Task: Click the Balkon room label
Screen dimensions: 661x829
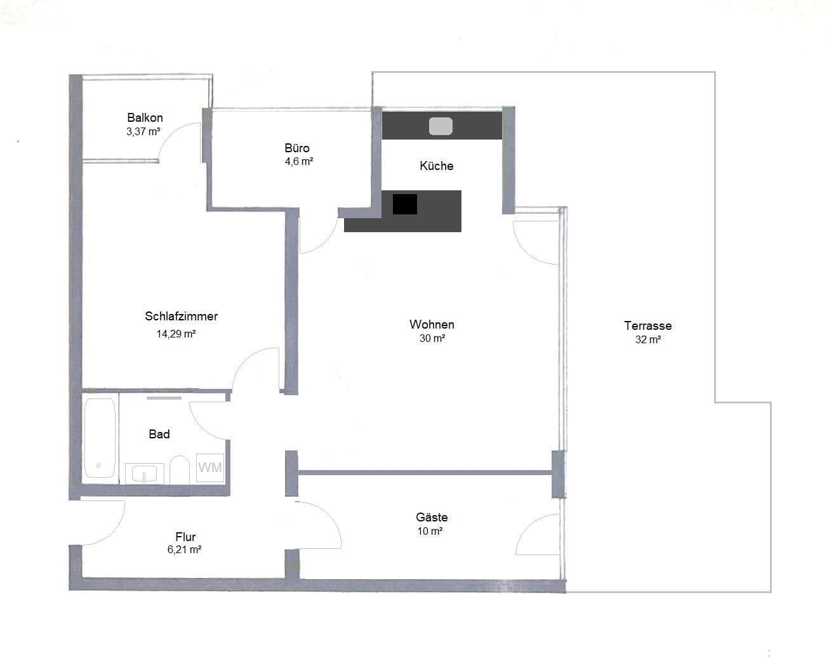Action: point(145,117)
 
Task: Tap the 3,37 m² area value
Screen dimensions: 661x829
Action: point(143,132)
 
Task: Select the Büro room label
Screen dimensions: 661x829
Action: point(297,148)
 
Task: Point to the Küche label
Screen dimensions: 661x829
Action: point(436,166)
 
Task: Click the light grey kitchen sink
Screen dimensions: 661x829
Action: point(441,126)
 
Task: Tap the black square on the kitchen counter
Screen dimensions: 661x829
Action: point(404,204)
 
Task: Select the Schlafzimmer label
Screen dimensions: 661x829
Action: point(181,316)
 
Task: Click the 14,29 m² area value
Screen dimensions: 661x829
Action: point(176,334)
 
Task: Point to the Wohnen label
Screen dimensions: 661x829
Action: point(432,324)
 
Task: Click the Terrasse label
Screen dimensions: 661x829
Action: point(647,325)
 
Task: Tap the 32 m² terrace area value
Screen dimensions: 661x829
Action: point(648,339)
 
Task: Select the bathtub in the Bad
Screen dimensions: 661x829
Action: point(100,438)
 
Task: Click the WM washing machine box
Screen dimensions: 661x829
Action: point(210,468)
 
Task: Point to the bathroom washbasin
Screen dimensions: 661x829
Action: point(145,473)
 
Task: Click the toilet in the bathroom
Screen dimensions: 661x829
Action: point(180,470)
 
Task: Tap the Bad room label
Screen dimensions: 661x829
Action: point(159,434)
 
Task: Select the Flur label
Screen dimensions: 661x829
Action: point(185,537)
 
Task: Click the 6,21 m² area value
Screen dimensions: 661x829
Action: point(184,550)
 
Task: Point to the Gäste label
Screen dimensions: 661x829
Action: point(432,517)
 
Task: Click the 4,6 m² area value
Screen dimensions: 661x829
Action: point(298,161)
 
